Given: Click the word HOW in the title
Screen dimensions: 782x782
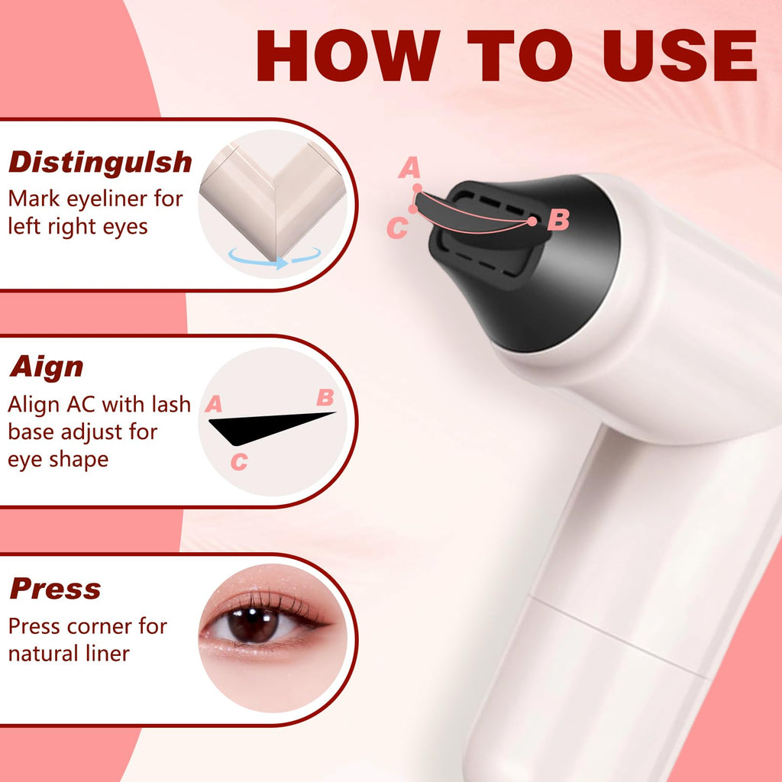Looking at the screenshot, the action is pos(348,55).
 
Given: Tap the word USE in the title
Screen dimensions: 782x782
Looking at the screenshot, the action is pos(680,55).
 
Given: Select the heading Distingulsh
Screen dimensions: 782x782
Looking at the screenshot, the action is pos(100,162).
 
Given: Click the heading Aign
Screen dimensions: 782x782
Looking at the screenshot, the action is pos(47,367).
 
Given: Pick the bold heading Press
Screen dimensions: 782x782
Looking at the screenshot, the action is pos(55,589).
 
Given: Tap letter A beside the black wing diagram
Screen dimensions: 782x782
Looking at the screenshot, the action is pos(214,403).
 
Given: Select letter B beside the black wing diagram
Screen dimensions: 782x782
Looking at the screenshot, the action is pos(325,397).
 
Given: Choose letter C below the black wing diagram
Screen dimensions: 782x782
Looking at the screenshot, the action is pos(239,461).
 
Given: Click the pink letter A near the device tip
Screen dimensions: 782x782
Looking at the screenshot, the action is pos(409,167).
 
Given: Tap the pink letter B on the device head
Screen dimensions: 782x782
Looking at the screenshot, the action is pos(558,219).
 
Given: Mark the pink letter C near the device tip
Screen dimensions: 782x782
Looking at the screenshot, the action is pos(397,228).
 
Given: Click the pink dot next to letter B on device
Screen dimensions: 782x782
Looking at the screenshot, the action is pos(532,221).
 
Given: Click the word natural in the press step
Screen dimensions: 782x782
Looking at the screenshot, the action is pos(44,654).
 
